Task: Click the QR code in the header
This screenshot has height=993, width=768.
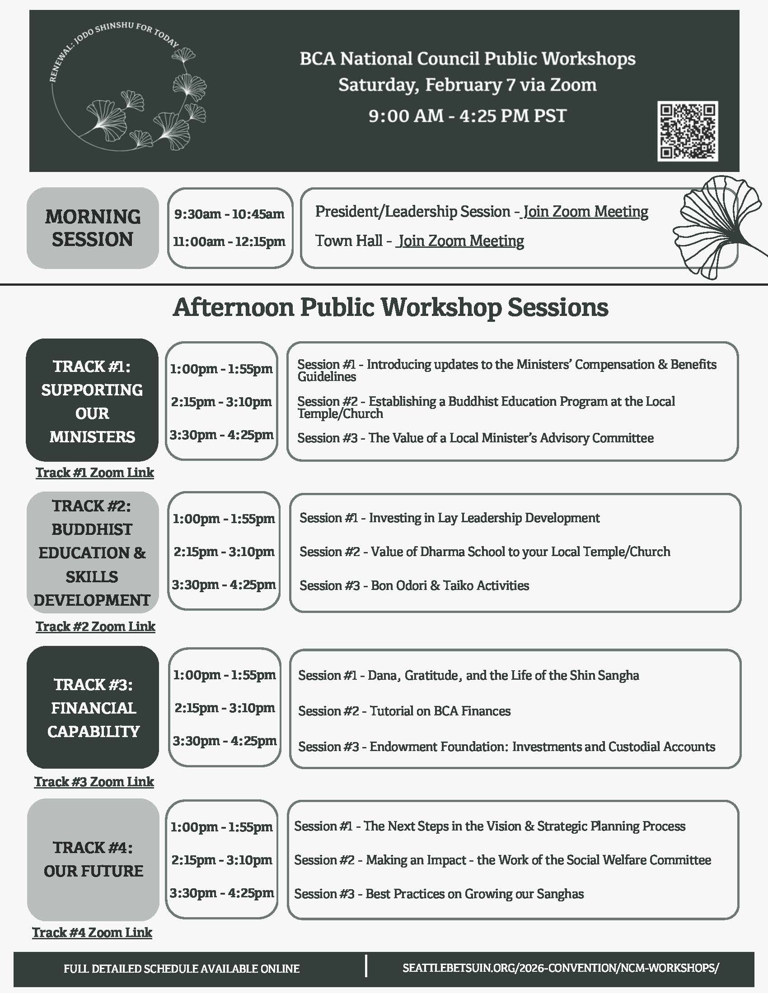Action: pos(687,131)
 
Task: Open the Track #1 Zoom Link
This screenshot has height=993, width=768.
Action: pos(94,473)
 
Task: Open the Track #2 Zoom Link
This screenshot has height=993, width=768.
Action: pos(95,626)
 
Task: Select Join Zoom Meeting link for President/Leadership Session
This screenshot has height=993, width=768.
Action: pos(586,211)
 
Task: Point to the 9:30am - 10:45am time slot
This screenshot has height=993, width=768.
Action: pos(229,213)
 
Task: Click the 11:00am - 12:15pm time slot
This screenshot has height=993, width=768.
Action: pos(229,241)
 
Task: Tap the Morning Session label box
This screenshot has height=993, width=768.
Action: pos(93,228)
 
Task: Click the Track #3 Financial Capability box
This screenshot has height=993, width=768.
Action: pos(93,707)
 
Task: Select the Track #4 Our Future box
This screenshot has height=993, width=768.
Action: pos(93,859)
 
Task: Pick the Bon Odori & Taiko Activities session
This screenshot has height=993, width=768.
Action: pos(414,585)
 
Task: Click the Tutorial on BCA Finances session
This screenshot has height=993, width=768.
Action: pos(404,710)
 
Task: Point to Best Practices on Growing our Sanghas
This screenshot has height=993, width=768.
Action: pos(439,894)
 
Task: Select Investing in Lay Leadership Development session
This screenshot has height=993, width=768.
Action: pos(450,518)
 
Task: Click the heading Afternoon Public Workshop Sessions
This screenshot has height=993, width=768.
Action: pos(390,307)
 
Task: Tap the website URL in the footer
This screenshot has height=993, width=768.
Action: pos(561,968)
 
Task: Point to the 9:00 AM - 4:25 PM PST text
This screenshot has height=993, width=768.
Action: pos(467,116)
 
